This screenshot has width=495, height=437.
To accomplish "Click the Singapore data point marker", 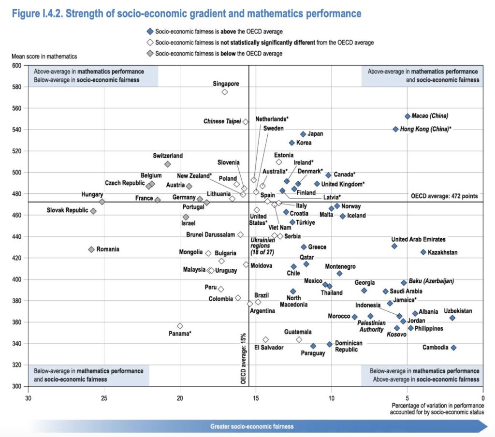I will [225, 92].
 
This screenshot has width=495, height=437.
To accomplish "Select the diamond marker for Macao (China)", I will [408, 117].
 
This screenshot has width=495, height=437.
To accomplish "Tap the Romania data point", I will [91, 249].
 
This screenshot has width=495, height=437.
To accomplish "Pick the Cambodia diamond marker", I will [453, 348].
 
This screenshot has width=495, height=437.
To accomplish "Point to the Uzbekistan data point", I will [452, 318].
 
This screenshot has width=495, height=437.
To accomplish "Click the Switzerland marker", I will [168, 164].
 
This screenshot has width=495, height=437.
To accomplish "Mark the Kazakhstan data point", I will [423, 252].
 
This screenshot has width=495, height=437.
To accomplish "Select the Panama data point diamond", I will [180, 326].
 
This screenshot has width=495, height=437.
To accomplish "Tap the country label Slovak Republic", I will [67, 211].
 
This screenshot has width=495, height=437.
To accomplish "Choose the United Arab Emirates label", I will [418, 239].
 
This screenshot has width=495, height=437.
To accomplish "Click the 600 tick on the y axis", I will [17, 65].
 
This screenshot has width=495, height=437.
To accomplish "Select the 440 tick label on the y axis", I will [17, 236].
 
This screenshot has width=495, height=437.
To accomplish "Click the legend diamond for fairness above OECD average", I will [152, 32].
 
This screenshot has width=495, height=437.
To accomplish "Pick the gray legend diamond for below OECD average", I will [152, 53].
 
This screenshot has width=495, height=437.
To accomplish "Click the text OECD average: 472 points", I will [444, 196].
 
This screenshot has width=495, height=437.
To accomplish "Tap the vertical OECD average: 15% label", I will [244, 358].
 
